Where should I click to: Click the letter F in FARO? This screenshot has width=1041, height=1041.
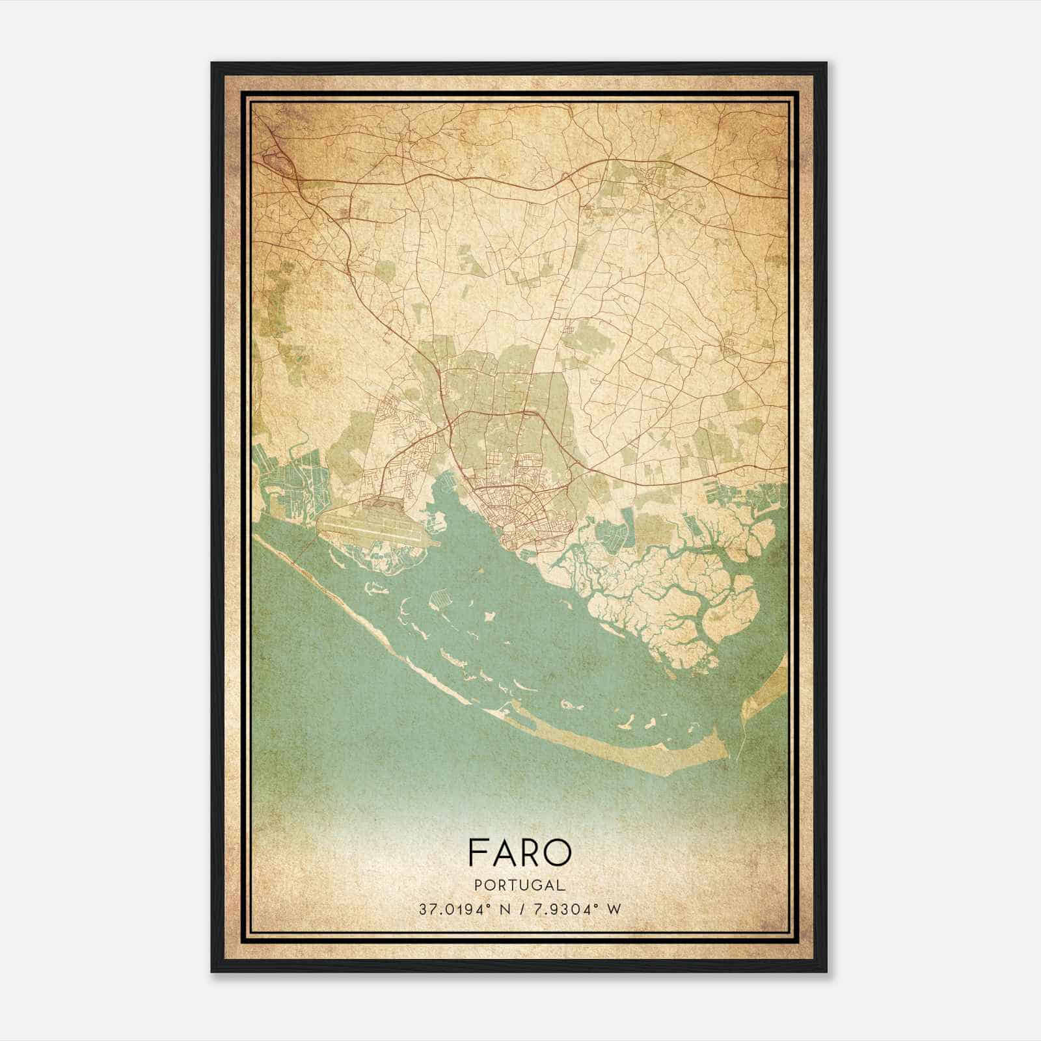pos(478,853)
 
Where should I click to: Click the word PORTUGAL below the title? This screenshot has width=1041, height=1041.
pos(519,886)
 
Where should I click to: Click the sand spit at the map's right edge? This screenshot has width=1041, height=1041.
pos(768,690)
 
